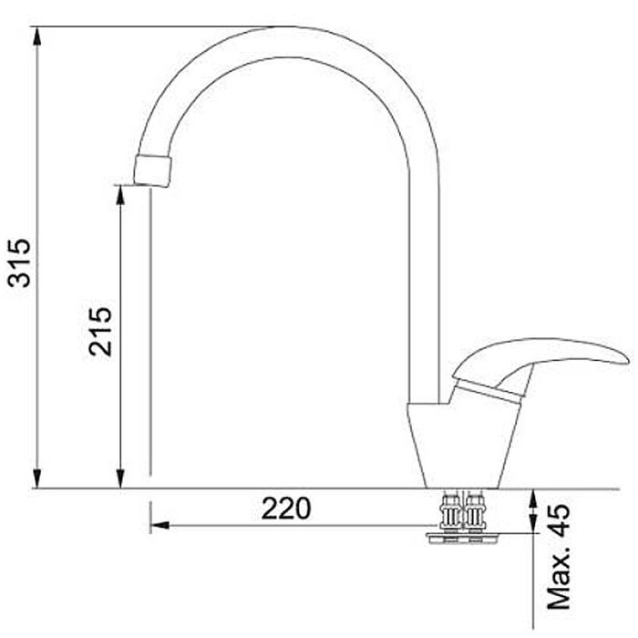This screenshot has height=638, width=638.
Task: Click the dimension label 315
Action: (19, 263)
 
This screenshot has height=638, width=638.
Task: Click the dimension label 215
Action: (100, 331)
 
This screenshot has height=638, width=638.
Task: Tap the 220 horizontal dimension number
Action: (286, 509)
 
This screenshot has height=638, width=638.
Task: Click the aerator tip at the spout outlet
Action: (152, 171)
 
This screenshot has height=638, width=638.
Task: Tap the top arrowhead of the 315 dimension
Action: (37, 36)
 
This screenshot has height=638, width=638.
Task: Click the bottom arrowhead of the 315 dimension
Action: (37, 478)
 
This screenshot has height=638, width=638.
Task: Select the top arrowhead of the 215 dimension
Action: (120, 195)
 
